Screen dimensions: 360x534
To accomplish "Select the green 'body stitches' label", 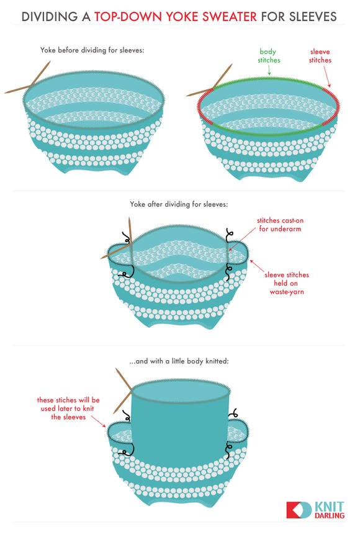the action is point(269,56).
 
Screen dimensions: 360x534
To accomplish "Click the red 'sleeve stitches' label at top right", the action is point(320,56).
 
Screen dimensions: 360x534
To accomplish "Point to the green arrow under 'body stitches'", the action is point(269,70).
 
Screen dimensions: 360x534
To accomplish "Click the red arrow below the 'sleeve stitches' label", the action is point(327,76).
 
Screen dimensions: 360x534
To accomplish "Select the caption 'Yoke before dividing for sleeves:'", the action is point(92,50).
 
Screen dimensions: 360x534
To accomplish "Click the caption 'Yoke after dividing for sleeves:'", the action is point(179,204).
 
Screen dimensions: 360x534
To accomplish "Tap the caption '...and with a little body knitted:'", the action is point(179,361).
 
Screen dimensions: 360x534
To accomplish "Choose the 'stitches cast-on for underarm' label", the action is point(280,224).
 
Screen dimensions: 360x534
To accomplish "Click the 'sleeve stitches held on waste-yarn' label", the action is point(286,283).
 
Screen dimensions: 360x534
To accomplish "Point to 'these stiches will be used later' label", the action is point(68,409).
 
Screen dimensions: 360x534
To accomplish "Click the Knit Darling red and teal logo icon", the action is point(299,510).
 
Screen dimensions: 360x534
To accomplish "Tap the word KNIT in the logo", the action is point(330,506).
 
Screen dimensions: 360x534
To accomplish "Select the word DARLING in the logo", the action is point(330,515).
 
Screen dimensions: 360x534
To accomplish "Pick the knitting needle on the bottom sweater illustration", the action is point(124,390).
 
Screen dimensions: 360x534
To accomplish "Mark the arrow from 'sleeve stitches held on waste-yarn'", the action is point(256,266).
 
